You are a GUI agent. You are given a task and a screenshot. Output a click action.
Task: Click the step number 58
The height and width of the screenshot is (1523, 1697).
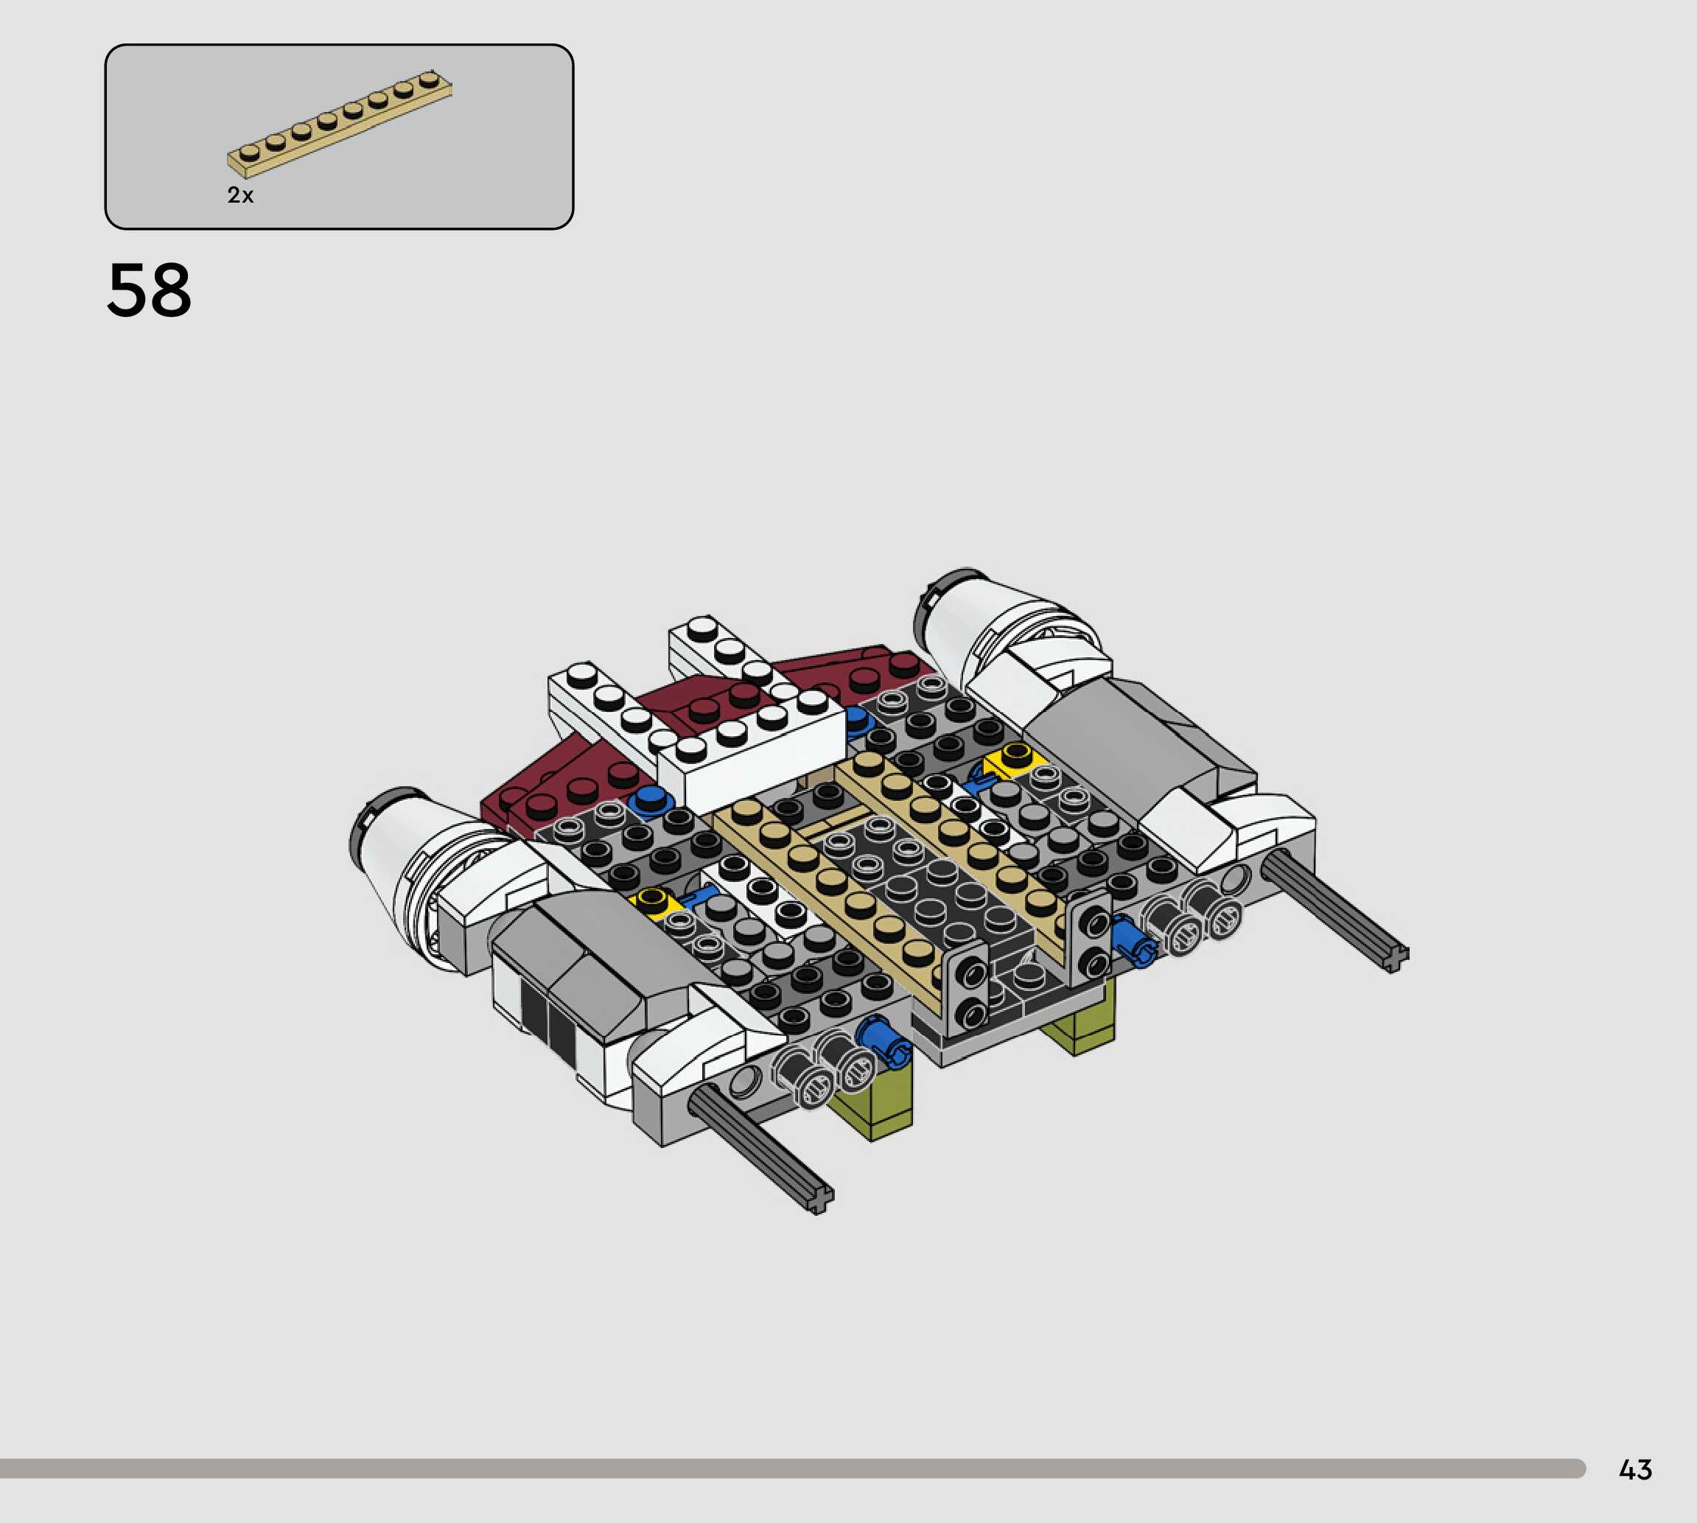149,290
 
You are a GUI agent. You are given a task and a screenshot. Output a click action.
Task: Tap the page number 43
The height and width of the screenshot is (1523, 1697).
1635,1469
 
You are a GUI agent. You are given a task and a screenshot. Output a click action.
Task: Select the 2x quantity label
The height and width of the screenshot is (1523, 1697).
240,195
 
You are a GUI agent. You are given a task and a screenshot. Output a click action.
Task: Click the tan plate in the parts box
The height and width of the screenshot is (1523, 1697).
339,124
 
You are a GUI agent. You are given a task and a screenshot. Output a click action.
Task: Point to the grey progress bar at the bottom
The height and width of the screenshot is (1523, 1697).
791,1468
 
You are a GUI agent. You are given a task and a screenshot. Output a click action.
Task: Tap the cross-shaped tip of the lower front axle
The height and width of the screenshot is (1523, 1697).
819,1199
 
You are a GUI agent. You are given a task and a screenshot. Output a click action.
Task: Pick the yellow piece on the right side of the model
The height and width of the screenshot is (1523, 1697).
1015,760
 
